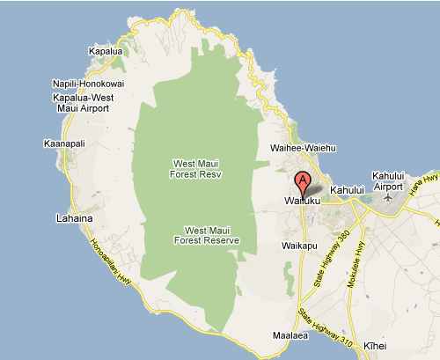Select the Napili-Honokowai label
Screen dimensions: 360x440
pyautogui.click(x=88, y=84)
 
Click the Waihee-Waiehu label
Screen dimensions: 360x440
pyautogui.click(x=309, y=149)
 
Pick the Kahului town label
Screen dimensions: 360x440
pyautogui.click(x=347, y=190)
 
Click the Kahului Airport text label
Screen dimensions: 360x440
pyautogui.click(x=392, y=180)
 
